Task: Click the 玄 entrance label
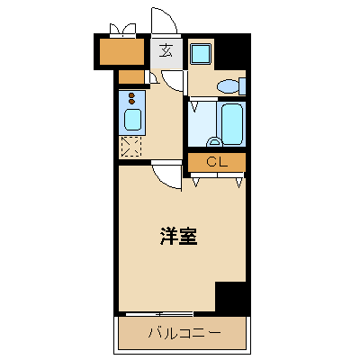166,50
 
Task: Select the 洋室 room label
179,238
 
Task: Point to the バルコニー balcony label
184,334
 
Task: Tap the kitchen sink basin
132,120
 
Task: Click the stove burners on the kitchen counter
131,97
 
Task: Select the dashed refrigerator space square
131,146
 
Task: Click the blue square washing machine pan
200,53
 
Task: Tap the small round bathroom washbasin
214,141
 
